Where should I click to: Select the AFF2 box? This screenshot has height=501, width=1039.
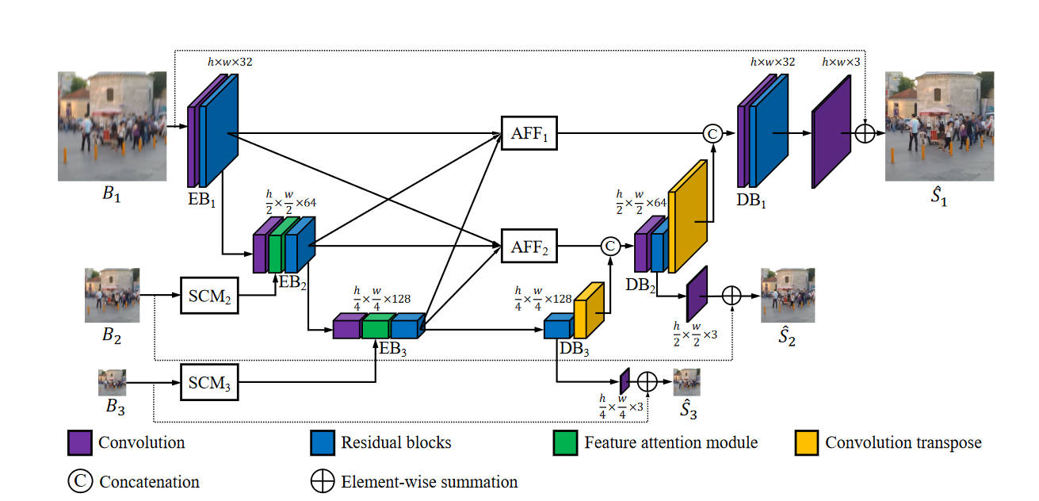pyautogui.click(x=530, y=245)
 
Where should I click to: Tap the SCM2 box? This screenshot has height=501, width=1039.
pyautogui.click(x=209, y=295)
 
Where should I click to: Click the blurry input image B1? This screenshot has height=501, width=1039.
pyautogui.click(x=112, y=127)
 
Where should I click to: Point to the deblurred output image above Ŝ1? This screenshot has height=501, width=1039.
pyautogui.click(x=939, y=127)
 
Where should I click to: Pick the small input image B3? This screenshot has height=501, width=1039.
pyautogui.click(x=112, y=381)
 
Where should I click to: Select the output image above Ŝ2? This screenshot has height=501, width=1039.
pyautogui.click(x=788, y=295)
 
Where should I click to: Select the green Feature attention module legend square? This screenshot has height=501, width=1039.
pyautogui.click(x=565, y=442)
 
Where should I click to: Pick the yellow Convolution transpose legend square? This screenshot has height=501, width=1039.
pyautogui.click(x=806, y=442)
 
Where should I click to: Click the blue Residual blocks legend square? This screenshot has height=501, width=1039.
pyautogui.click(x=322, y=442)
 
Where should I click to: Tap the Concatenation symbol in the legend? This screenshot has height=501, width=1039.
pyautogui.click(x=79, y=481)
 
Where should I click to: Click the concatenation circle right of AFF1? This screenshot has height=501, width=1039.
pyautogui.click(x=712, y=134)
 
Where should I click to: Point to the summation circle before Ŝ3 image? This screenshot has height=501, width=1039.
pyautogui.click(x=647, y=381)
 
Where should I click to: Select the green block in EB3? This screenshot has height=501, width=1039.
pyautogui.click(x=376, y=325)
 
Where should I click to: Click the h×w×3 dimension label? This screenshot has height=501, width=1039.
pyautogui.click(x=841, y=62)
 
